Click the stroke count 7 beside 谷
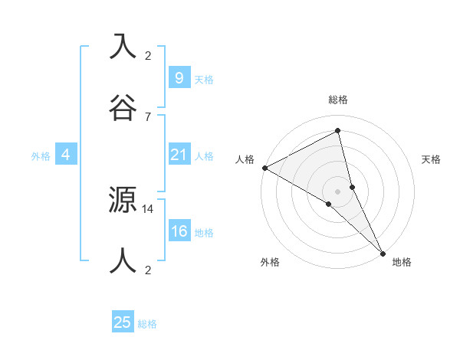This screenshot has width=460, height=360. [x=147, y=116]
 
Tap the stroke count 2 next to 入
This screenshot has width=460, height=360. [x=147, y=56]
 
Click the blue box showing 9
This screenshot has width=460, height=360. [x=179, y=78]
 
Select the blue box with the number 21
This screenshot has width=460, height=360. [x=179, y=155]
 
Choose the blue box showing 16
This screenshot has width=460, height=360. [x=179, y=231]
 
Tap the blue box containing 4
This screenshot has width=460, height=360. [x=66, y=155]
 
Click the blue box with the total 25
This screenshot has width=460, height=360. [x=123, y=322]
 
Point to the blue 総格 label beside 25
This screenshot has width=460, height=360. [x=148, y=324]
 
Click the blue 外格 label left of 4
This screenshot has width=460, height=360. [x=41, y=156]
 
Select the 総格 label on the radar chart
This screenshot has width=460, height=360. [x=338, y=100]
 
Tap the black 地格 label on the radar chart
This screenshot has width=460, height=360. [x=402, y=263]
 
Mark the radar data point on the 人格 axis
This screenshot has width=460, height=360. [x=264, y=168]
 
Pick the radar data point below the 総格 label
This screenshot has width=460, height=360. [x=338, y=130]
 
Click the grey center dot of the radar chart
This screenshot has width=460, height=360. [x=338, y=191]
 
